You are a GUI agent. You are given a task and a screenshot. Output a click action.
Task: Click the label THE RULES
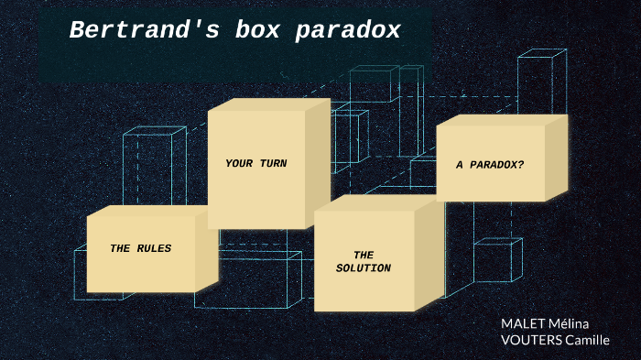pos(140,248)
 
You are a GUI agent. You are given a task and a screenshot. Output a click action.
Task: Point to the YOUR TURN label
pos(255,164)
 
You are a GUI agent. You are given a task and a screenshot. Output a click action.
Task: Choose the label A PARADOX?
pos(490,165)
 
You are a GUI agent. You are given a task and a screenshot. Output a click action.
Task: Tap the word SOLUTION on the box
pos(364,268)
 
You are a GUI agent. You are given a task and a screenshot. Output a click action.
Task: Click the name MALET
pos(521,323)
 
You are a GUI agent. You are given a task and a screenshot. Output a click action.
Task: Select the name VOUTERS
pos(530,340)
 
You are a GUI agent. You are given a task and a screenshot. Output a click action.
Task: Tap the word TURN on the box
pos(272,164)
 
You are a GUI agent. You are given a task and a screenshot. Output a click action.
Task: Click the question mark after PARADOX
pos(521,165)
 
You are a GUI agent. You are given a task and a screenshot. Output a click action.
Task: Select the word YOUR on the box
pos(238,164)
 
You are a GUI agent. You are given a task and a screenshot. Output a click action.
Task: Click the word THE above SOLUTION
pos(364,255)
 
